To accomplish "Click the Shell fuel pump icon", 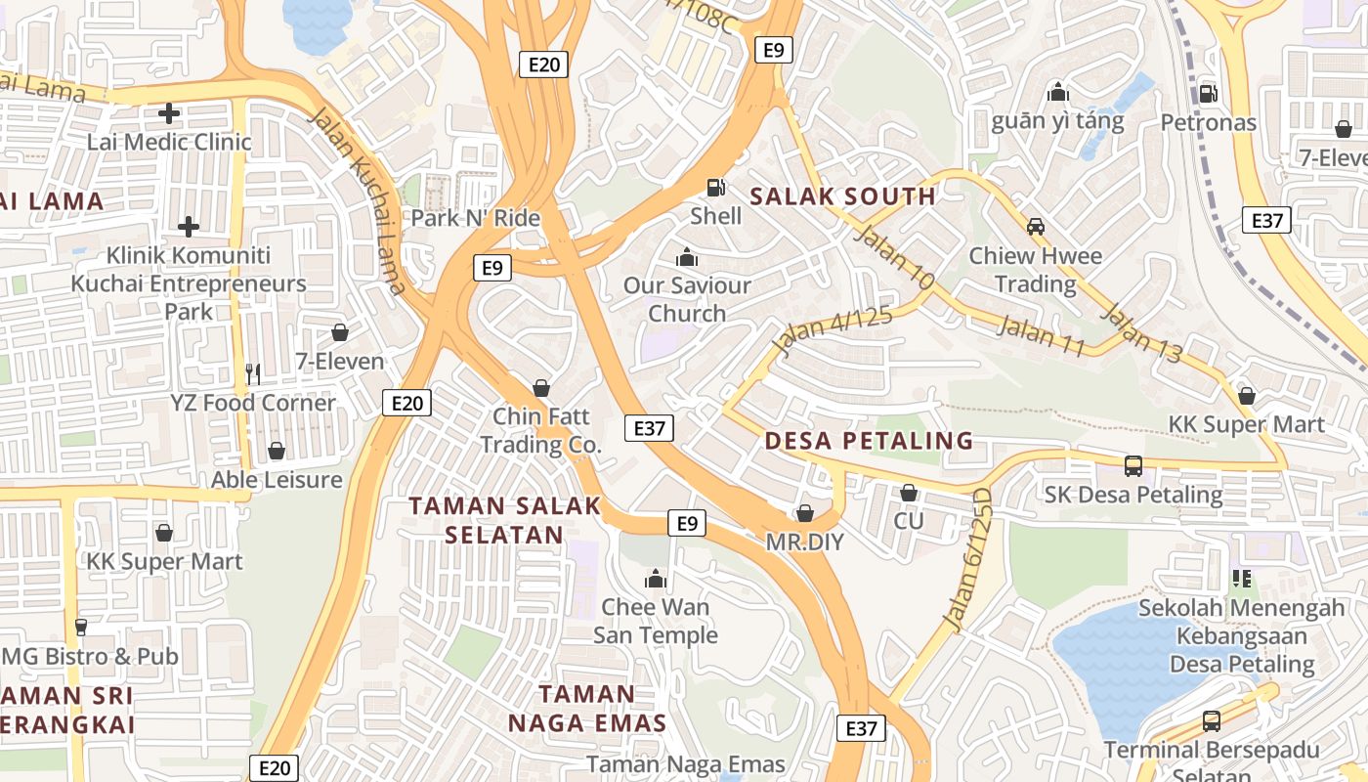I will click(716, 187).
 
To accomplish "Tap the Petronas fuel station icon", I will click(1208, 94).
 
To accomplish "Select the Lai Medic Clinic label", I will click(169, 142).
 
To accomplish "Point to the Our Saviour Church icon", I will click(687, 258).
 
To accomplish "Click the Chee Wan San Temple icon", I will click(656, 579).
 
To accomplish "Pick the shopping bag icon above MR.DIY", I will click(805, 513).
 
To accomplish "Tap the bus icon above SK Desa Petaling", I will click(1133, 466).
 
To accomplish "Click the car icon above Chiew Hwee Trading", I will click(1036, 227).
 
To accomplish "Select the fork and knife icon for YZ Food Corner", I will click(253, 373).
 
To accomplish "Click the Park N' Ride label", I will click(476, 217).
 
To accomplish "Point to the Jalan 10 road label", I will click(894, 257).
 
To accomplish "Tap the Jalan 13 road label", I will click(1141, 333).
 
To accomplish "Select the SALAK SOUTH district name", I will click(842, 196).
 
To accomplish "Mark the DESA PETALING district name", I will click(869, 441).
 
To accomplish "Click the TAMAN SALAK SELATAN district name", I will click(504, 520).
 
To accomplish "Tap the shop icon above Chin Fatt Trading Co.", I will click(541, 389).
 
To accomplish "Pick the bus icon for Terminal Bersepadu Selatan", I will click(1212, 721).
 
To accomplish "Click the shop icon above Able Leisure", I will click(277, 451).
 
